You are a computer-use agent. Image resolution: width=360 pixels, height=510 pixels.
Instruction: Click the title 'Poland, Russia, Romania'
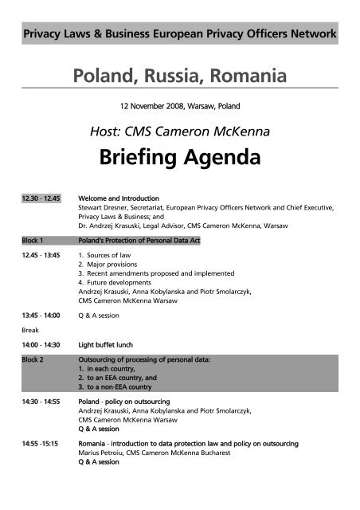coord(179,76)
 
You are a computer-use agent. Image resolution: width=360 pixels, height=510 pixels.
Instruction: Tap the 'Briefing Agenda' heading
coord(179,158)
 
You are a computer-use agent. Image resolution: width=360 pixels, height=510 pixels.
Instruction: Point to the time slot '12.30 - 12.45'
coord(40,198)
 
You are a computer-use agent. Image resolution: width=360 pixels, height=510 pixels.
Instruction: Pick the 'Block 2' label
coord(33,360)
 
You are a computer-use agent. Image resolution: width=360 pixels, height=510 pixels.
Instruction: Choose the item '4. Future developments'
coord(116,283)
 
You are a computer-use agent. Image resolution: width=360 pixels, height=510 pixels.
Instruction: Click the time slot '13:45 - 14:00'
coord(41,315)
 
